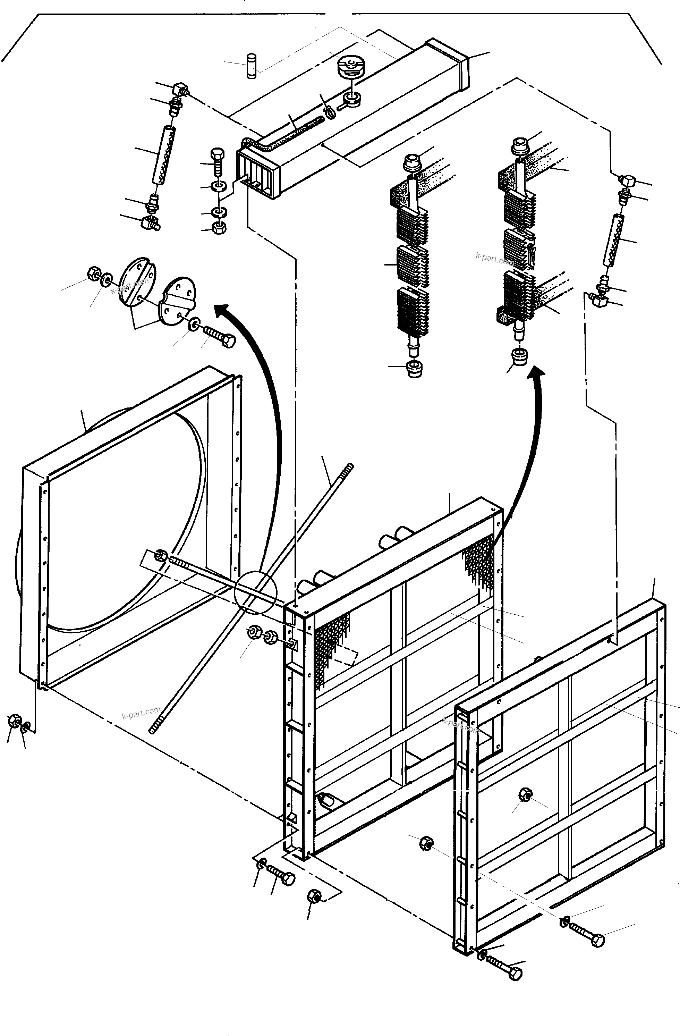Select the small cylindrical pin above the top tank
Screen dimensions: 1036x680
pos(251,66)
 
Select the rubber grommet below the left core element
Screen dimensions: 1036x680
pos(414,368)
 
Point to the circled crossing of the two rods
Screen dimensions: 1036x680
pos(255,593)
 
